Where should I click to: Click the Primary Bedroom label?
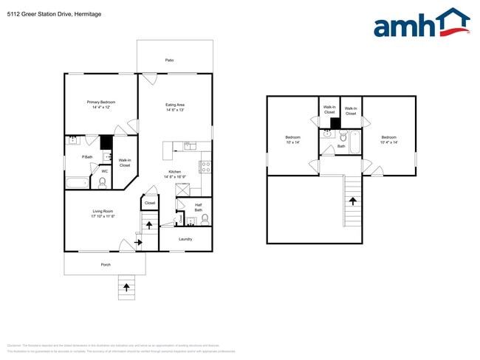(x=101, y=105)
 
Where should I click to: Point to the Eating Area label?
(x=175, y=107)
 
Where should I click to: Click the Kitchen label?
(x=175, y=174)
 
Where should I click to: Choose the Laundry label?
(x=185, y=238)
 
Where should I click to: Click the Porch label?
(x=106, y=264)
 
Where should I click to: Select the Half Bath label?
(x=199, y=207)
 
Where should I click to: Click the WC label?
(x=104, y=171)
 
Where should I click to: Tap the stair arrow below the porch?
(x=126, y=287)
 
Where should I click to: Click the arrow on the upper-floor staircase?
(x=352, y=201)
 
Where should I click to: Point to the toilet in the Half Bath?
(x=205, y=219)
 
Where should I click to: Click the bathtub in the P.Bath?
(x=76, y=181)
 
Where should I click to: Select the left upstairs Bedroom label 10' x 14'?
(x=293, y=139)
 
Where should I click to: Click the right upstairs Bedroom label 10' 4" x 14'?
(x=389, y=139)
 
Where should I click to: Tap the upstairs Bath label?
(x=341, y=146)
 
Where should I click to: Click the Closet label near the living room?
(x=150, y=202)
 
